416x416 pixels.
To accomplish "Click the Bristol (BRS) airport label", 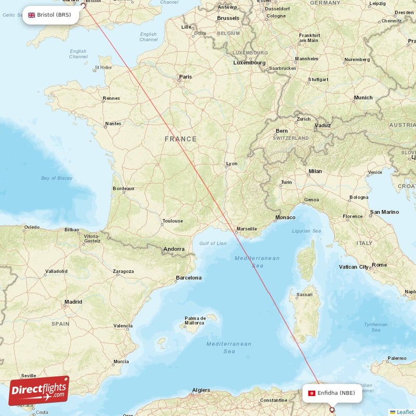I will (50, 15).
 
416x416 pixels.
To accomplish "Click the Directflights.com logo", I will (38, 391).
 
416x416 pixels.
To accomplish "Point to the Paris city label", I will (185, 77).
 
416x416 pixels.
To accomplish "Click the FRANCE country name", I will (180, 139).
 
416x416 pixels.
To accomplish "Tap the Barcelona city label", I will (188, 278).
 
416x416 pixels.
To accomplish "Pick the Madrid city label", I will (73, 302).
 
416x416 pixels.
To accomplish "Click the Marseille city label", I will (246, 229).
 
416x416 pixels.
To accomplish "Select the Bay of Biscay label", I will (57, 178).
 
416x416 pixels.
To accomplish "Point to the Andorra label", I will (174, 249).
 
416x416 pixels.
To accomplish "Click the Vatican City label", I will (354, 267).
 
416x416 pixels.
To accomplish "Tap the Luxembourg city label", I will (249, 63).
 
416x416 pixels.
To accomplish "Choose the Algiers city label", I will (201, 390).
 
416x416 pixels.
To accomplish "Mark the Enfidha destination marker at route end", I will (332, 409).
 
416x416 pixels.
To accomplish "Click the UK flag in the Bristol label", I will (32, 15).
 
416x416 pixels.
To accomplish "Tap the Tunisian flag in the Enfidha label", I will (311, 393).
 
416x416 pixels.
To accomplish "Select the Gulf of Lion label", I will (213, 243).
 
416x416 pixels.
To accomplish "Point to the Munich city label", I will (363, 98).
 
